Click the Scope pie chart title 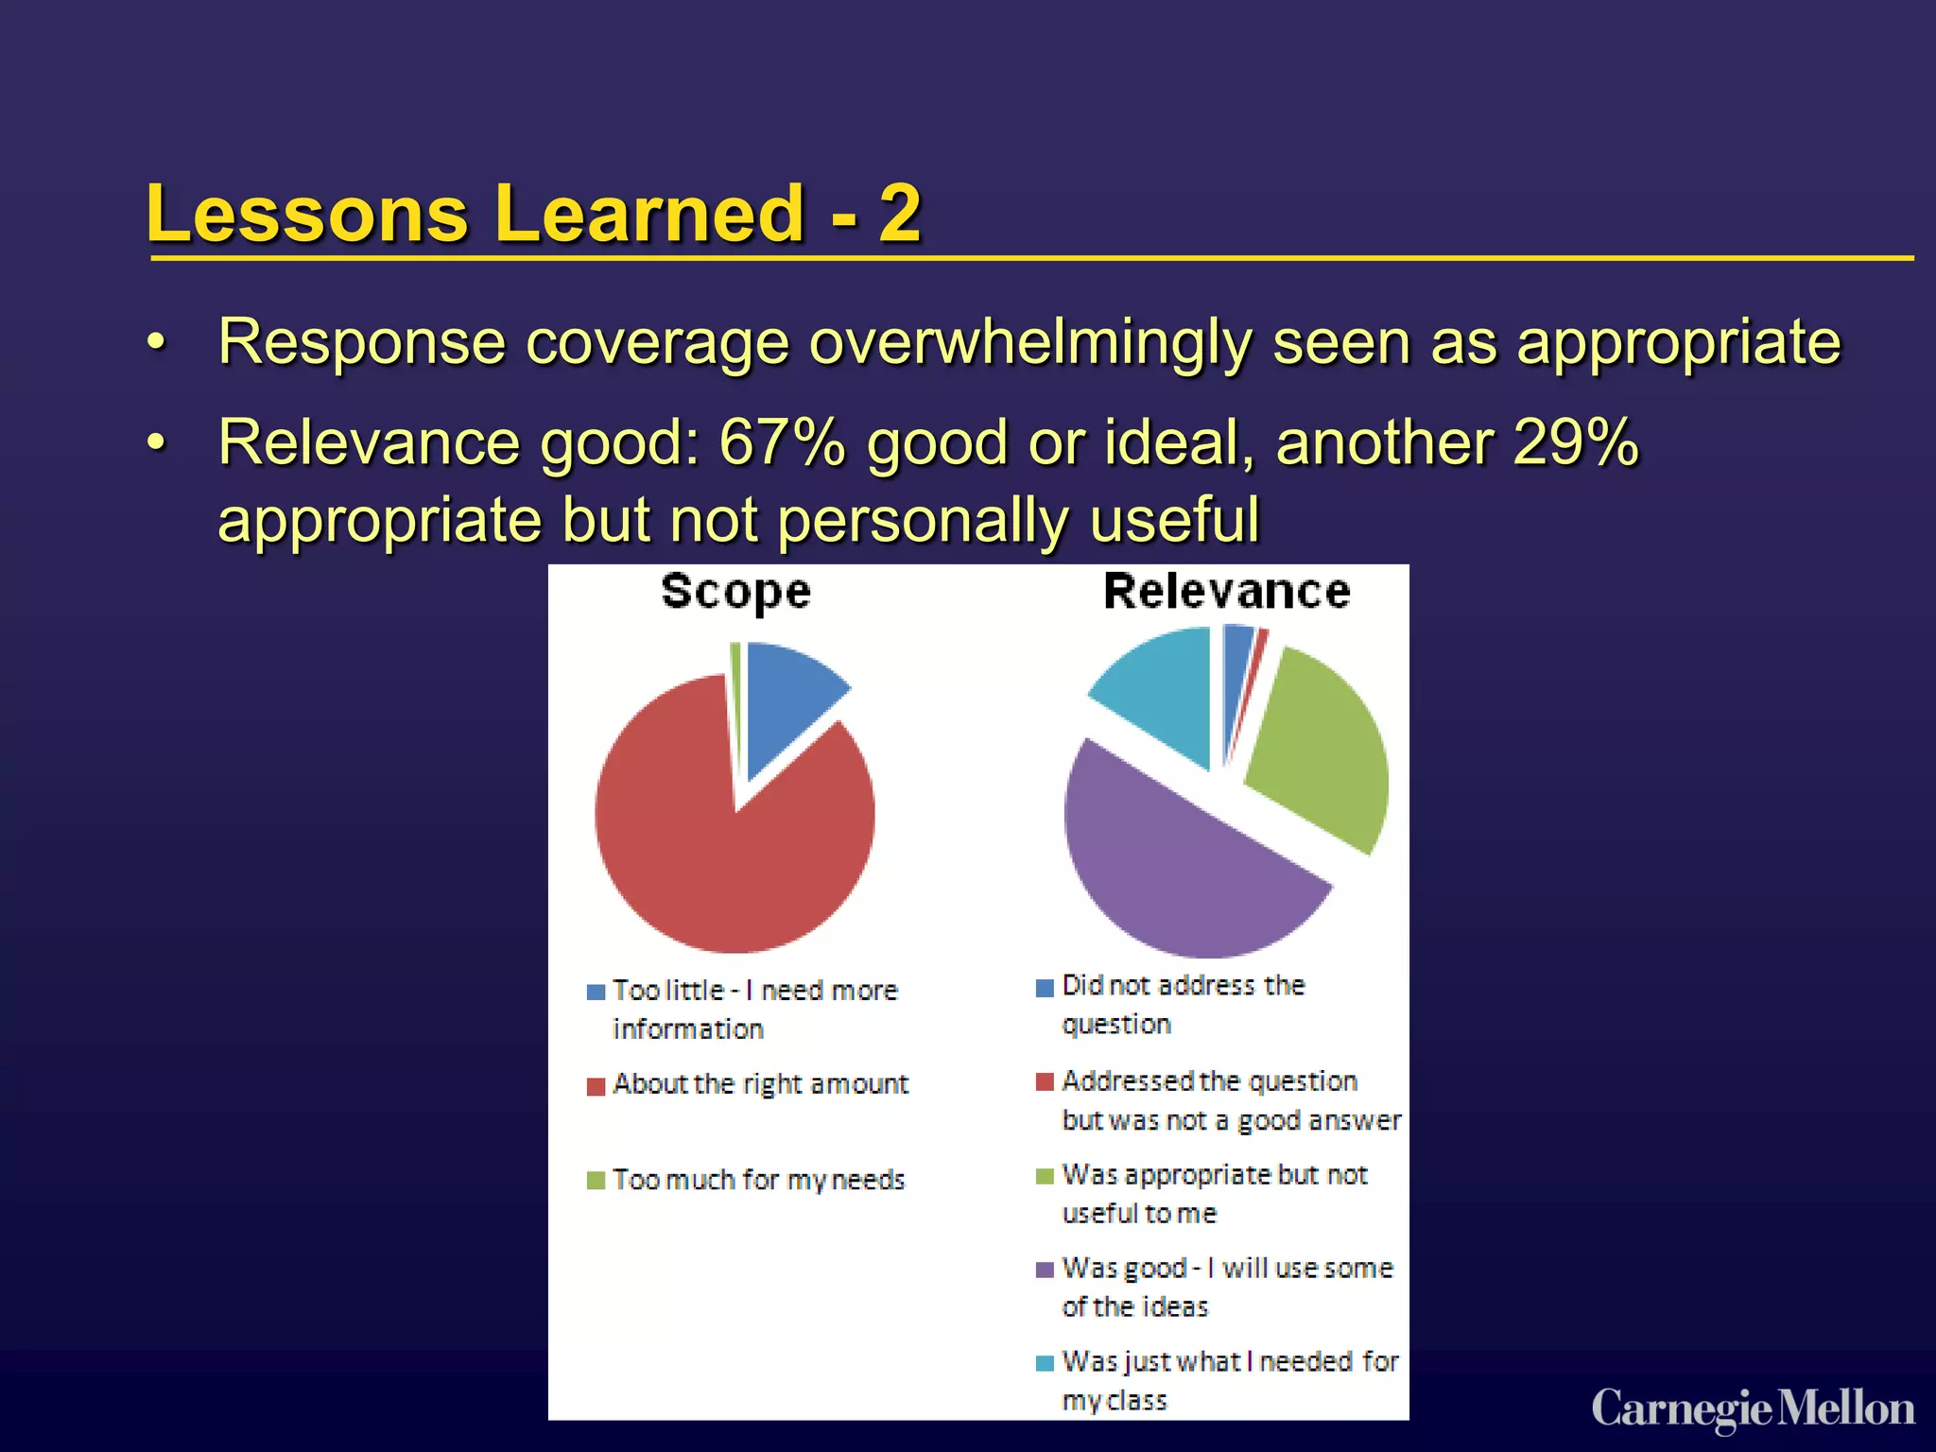(x=735, y=593)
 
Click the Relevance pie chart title (x=1227, y=592)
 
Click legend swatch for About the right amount (x=596, y=1086)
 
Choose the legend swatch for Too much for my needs (x=596, y=1181)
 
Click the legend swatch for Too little (x=596, y=992)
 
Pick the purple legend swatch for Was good (x=1045, y=1270)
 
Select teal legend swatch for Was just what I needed (x=1045, y=1363)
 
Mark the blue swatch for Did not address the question (x=1045, y=988)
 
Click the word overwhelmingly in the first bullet (x=1030, y=342)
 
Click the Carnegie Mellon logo (x=1753, y=1409)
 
